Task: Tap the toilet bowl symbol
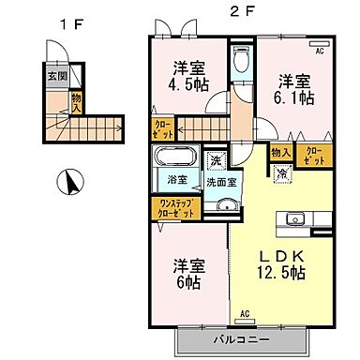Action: click(241, 64)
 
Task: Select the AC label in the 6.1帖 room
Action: click(319, 52)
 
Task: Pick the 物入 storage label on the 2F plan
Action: click(280, 152)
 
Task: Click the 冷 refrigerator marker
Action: click(282, 172)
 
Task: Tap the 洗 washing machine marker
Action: click(215, 160)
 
